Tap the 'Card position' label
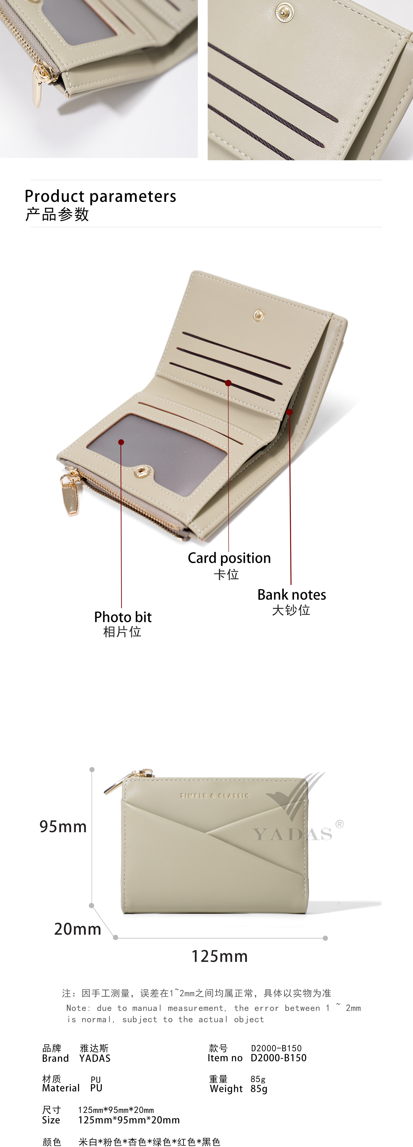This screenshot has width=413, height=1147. [229, 558]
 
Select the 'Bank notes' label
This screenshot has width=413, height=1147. [291, 595]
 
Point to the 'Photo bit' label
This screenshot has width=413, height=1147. [122, 617]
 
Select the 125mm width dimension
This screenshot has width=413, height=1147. [219, 956]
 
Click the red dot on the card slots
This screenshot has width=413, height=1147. [228, 383]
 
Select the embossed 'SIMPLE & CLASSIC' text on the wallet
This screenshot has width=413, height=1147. [215, 795]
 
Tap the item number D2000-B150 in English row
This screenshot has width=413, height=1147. [278, 1058]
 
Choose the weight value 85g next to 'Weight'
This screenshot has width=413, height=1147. [259, 1089]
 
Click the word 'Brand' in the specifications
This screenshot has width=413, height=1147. [55, 1058]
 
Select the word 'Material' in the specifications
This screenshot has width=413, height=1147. [61, 1088]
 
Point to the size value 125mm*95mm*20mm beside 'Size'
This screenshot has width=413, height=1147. [129, 1120]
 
